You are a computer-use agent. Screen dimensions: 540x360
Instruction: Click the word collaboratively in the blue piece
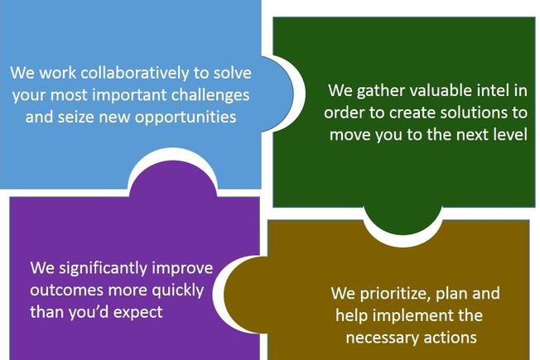pos(135,73)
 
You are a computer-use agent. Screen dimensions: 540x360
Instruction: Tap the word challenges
pos(210,95)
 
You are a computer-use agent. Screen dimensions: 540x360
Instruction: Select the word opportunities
pos(186,118)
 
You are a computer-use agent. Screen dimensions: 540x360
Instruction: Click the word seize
pos(76,117)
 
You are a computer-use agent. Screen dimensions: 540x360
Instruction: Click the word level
pos(510,134)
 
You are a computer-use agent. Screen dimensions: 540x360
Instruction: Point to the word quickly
pos(178,291)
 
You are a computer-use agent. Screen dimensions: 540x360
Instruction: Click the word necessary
pos(383,338)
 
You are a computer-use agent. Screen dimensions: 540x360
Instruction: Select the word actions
pos(450,338)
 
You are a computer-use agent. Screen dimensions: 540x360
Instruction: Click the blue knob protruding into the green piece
pos(277,94)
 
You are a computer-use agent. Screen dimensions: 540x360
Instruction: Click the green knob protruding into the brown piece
pos(403,221)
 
